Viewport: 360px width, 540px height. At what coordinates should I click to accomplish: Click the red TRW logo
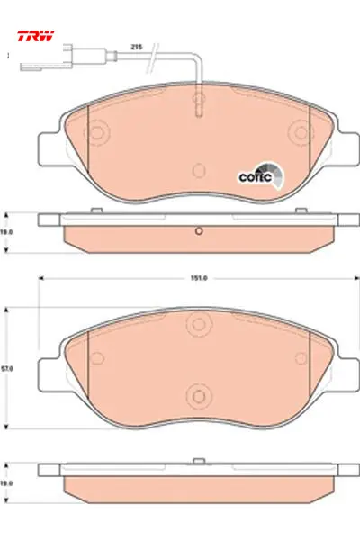36,36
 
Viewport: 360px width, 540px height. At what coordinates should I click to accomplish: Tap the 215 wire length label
137,47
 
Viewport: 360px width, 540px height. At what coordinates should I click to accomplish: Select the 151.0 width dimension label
199,278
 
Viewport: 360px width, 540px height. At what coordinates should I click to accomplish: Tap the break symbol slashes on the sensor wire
152,58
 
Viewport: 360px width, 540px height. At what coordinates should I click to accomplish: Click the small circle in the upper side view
199,231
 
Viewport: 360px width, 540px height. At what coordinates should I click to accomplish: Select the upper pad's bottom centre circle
199,170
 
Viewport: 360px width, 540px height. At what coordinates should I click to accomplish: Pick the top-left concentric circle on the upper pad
97,132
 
